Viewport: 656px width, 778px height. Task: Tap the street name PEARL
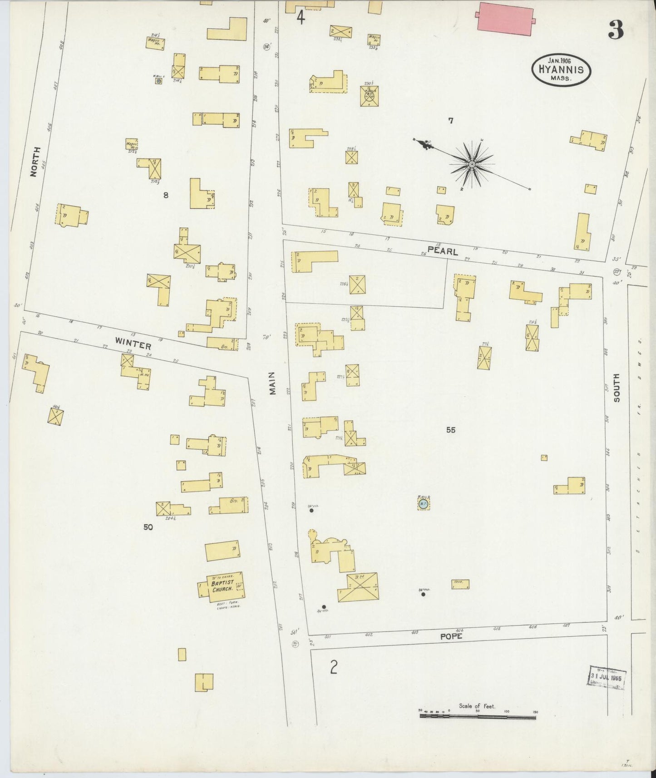click(442, 251)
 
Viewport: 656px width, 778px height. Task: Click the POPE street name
click(451, 636)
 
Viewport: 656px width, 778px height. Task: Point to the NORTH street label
click(33, 162)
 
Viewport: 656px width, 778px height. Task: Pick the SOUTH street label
click(616, 388)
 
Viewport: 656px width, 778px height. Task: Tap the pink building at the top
click(505, 19)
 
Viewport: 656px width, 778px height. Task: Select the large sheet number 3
click(616, 30)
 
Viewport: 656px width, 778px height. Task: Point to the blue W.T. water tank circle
click(423, 503)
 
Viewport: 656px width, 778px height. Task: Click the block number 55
click(450, 430)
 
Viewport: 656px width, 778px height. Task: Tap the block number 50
click(148, 527)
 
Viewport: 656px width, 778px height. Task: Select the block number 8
click(166, 195)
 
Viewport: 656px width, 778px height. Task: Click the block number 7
click(450, 121)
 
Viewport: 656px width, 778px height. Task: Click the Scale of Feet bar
click(478, 717)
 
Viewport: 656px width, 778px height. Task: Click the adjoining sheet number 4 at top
click(300, 18)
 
